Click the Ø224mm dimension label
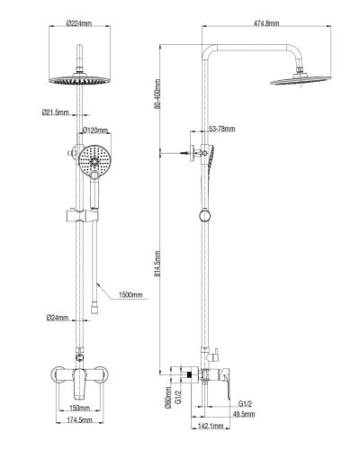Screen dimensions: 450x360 click(x=80, y=24)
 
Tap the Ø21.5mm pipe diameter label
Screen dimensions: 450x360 click(x=56, y=112)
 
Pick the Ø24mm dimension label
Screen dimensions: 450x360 click(x=59, y=317)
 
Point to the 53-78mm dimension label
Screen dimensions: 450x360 click(x=221, y=130)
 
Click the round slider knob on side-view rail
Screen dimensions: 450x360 click(x=207, y=216)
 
